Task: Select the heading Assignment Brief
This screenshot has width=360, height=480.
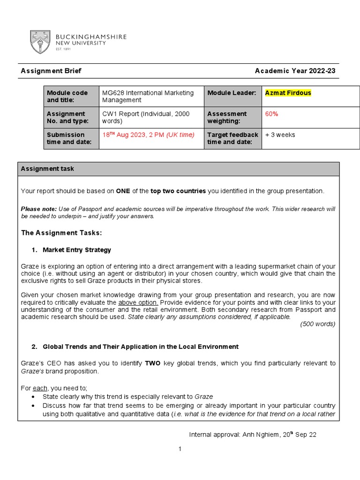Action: click(x=51, y=71)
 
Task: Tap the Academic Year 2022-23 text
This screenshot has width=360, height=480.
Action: click(x=295, y=71)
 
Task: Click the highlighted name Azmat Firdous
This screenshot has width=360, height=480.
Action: click(x=288, y=93)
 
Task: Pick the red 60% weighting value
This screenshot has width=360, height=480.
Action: click(x=271, y=113)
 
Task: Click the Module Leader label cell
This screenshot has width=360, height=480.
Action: click(x=232, y=93)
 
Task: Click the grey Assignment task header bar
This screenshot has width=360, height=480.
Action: click(x=179, y=169)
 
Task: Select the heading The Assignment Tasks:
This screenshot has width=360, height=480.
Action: click(x=61, y=232)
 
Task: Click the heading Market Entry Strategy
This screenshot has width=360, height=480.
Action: click(x=76, y=250)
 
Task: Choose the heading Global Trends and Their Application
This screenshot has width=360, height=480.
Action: click(x=140, y=346)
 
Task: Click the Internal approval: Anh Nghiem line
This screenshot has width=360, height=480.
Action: click(x=252, y=435)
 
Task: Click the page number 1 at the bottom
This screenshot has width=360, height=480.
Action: click(x=179, y=449)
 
